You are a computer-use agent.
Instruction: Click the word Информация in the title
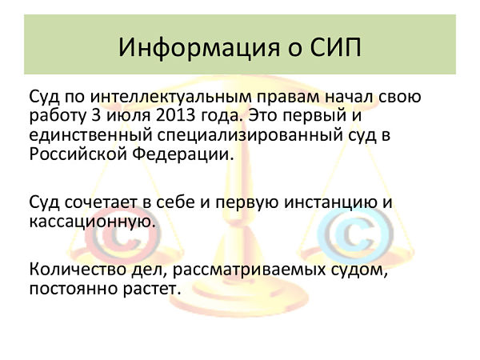click(199, 48)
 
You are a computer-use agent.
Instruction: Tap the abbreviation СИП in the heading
click(336, 47)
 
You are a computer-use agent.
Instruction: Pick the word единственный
click(90, 136)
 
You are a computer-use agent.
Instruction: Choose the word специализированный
click(250, 136)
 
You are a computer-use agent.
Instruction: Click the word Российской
click(78, 154)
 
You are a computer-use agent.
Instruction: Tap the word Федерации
click(183, 154)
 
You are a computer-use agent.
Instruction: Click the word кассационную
click(93, 222)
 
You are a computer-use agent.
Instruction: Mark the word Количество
click(78, 270)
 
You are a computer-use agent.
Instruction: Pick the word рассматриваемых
click(249, 270)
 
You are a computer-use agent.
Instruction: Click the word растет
click(151, 290)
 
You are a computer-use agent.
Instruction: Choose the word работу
click(58, 116)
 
